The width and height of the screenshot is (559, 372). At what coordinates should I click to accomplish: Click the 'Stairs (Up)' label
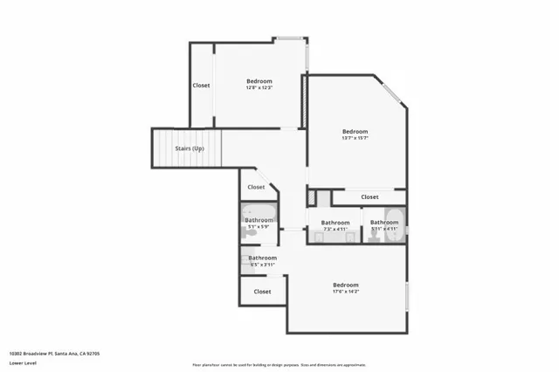(x=190, y=148)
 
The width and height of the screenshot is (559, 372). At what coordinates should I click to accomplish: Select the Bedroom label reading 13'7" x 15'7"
(x=355, y=131)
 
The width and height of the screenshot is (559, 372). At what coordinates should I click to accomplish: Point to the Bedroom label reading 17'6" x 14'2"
(x=346, y=285)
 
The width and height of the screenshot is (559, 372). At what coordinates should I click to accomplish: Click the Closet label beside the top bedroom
(x=201, y=86)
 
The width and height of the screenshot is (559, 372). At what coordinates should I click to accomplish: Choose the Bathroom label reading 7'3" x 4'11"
(x=335, y=223)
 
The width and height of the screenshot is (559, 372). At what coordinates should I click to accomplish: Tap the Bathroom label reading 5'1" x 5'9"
(x=259, y=220)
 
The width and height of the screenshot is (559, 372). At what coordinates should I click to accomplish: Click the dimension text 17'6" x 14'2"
(x=346, y=292)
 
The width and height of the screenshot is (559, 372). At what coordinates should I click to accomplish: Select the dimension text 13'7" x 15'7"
(x=355, y=138)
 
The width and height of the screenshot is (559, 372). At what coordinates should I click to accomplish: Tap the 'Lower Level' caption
(x=22, y=363)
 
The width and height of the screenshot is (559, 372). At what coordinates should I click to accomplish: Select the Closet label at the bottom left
(x=262, y=291)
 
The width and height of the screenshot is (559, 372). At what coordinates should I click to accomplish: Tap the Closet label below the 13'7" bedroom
(x=369, y=197)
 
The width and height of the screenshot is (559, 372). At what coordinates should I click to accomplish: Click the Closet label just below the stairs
(x=256, y=187)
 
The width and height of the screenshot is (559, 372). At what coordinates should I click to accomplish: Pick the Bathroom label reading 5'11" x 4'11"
(x=384, y=223)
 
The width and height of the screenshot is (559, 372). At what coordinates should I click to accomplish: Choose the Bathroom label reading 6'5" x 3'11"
(x=262, y=258)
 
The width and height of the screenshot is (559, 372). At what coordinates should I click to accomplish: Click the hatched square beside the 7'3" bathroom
(x=324, y=198)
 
